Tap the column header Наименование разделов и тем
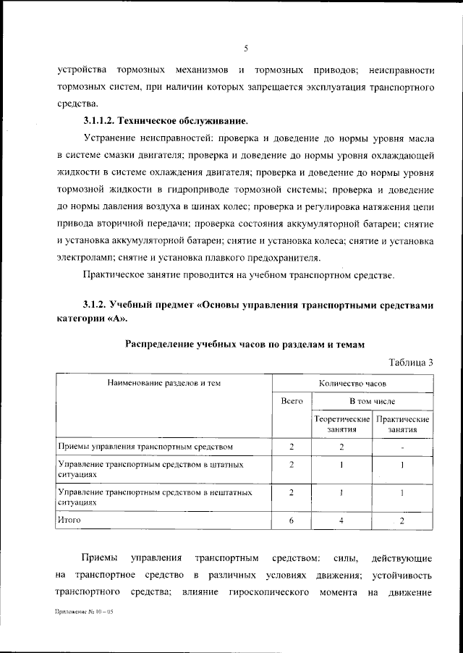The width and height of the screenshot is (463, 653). (163, 382)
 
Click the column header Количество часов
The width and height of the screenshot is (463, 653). (353, 382)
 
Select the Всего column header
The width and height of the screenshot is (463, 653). (292, 400)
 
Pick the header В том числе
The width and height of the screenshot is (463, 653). (373, 400)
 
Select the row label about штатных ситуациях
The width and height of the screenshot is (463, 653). (150, 468)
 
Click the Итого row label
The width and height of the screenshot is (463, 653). (69, 520)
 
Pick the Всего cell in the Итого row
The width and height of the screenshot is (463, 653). (292, 521)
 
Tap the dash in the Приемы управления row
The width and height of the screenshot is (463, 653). (403, 447)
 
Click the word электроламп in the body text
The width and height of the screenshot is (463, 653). (82, 257)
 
